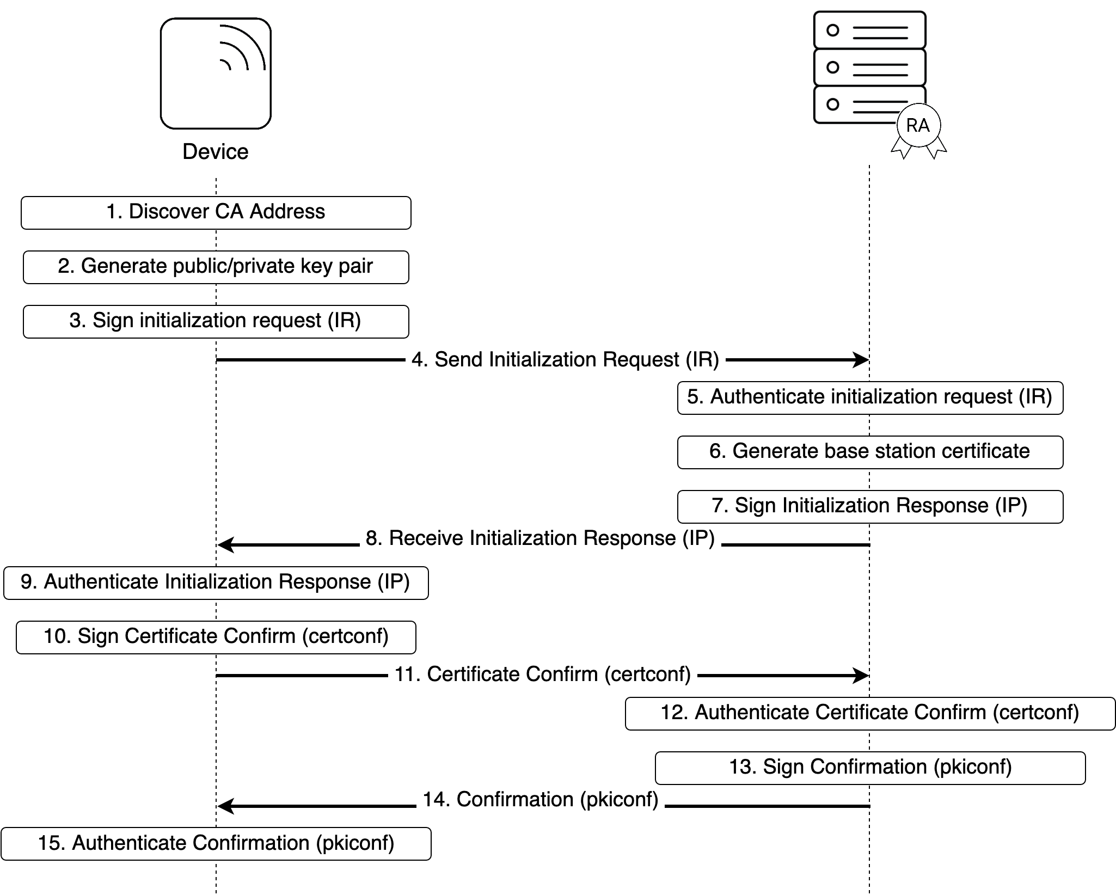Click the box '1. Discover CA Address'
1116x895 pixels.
[216, 212]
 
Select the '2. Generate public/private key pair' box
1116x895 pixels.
[216, 267]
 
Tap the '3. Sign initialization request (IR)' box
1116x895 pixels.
[216, 321]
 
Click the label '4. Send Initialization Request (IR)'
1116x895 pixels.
[565, 360]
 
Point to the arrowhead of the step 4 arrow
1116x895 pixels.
[862, 360]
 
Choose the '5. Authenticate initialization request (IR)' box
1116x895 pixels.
[869, 397]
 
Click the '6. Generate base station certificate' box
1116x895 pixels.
[869, 452]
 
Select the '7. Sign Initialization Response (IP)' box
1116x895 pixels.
[869, 506]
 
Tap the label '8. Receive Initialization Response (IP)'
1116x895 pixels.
[539, 538]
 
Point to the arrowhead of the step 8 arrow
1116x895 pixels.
[225, 544]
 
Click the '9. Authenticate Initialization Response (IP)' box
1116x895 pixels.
[216, 583]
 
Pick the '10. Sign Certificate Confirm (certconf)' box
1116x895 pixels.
[216, 637]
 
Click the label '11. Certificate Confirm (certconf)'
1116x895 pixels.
[542, 675]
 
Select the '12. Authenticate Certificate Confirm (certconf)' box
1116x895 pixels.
[869, 713]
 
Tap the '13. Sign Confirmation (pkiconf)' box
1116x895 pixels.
[869, 768]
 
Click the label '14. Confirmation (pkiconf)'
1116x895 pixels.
[540, 800]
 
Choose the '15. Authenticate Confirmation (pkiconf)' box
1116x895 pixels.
[216, 844]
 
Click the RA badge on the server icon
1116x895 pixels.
[918, 126]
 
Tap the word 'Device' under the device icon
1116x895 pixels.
[216, 152]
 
